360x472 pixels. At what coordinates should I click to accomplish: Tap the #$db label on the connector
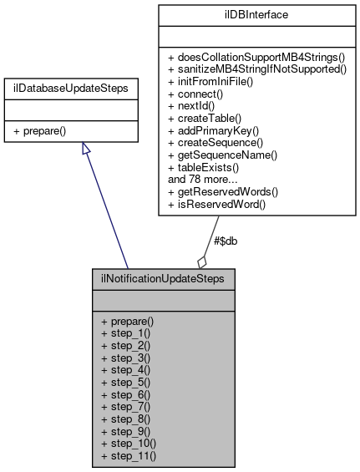[227, 242]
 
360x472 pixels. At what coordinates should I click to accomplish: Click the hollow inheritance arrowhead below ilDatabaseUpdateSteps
[85, 149]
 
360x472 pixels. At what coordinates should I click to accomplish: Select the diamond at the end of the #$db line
[201, 261]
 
